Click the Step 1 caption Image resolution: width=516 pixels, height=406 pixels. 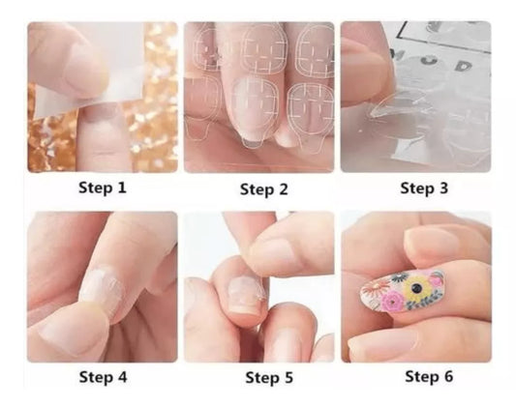[x=103, y=188]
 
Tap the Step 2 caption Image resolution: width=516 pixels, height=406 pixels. [x=264, y=189]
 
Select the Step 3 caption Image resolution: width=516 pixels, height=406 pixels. [x=424, y=188]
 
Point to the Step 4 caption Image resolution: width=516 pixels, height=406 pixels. [x=103, y=377]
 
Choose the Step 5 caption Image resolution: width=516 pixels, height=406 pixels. [x=269, y=377]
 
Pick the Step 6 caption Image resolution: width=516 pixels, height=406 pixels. [x=429, y=376]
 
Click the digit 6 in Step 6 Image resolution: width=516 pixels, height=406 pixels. [x=448, y=376]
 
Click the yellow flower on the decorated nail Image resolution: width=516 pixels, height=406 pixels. [x=416, y=288]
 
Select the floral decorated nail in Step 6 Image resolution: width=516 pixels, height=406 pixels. [x=402, y=291]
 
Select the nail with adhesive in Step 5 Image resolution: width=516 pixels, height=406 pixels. [x=244, y=292]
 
